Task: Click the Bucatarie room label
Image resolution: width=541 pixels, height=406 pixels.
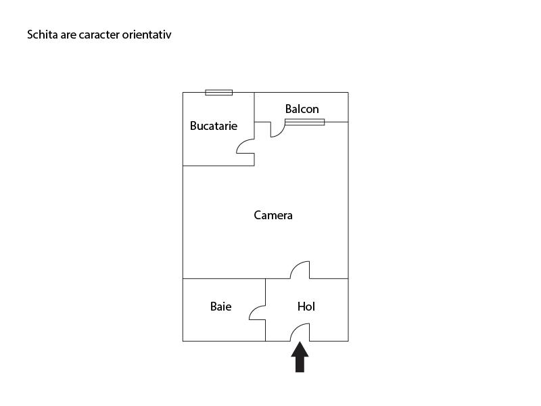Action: tap(214, 126)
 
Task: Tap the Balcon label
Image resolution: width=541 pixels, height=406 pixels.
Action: tap(302, 109)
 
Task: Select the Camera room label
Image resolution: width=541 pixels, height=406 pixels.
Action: tap(273, 215)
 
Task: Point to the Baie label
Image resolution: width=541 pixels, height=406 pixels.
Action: tap(220, 307)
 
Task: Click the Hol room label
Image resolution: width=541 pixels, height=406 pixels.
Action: tap(306, 307)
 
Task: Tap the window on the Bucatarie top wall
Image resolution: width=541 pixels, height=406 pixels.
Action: tap(218, 93)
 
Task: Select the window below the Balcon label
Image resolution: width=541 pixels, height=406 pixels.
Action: tap(304, 122)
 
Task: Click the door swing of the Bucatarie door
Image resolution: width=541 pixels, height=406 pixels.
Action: tap(244, 146)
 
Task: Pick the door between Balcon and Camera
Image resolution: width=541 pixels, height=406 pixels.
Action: tap(277, 129)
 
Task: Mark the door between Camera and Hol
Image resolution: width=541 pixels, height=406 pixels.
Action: tap(300, 270)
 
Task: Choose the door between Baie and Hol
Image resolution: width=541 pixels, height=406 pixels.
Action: tap(258, 312)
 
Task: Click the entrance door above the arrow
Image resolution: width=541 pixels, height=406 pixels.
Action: tap(300, 332)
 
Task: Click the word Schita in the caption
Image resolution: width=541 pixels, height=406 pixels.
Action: tap(42, 34)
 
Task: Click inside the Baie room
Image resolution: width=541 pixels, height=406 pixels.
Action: tap(223, 325)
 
